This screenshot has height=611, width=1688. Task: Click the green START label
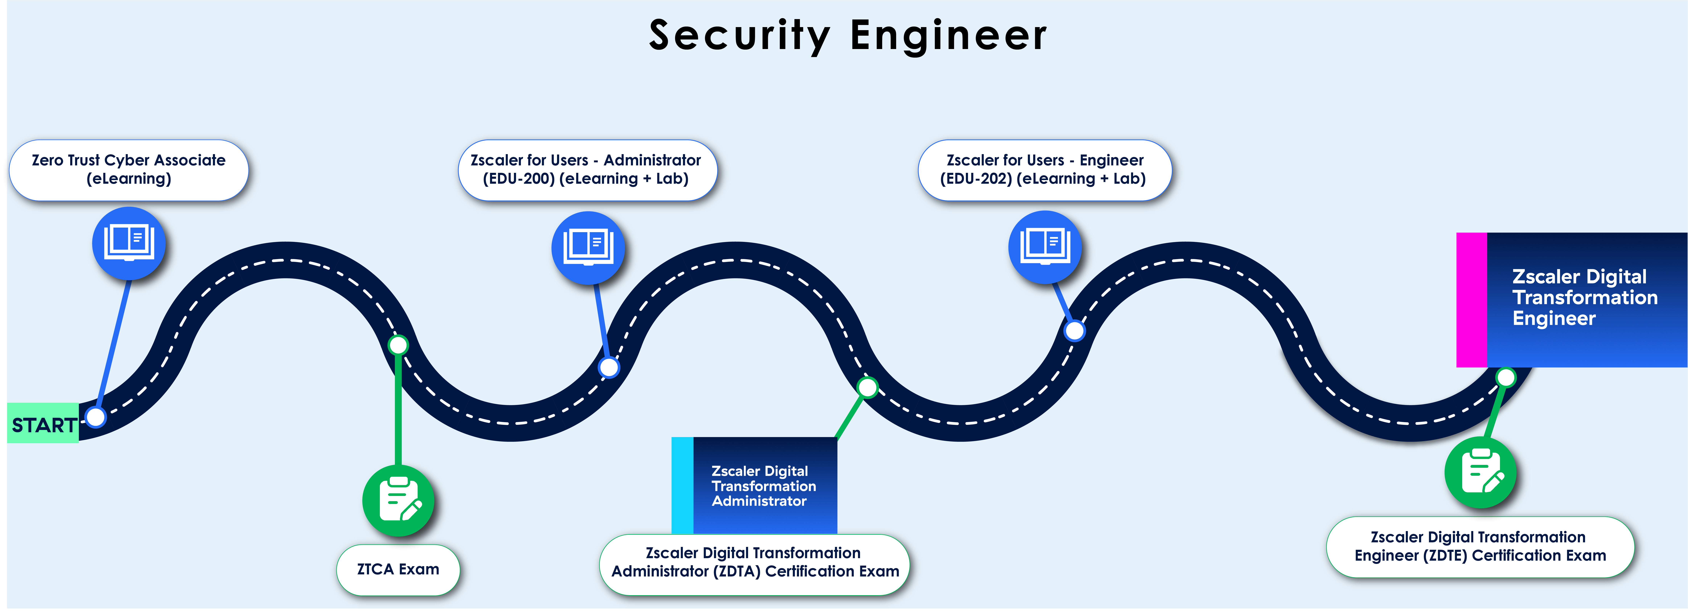(x=43, y=424)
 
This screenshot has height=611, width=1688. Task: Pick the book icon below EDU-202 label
(x=1045, y=246)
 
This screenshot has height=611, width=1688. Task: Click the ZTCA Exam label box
(x=398, y=569)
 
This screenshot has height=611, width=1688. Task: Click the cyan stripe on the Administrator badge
(x=682, y=485)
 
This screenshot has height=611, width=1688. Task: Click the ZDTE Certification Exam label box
(x=1480, y=547)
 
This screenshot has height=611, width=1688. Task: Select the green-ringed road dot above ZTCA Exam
(x=398, y=345)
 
